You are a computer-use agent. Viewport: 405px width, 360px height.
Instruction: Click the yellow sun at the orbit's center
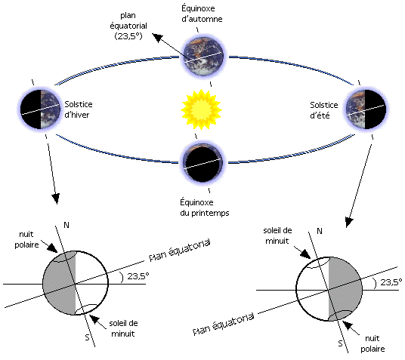click(x=201, y=109)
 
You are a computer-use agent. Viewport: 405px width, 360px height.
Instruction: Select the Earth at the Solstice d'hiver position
click(x=40, y=109)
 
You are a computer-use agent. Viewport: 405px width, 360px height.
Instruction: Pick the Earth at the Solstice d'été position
click(x=366, y=109)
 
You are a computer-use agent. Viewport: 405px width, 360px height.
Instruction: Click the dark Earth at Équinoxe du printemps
click(x=202, y=162)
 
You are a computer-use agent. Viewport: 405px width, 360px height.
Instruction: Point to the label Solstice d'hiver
click(x=79, y=109)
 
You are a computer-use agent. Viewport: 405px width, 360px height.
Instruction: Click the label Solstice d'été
click(x=324, y=110)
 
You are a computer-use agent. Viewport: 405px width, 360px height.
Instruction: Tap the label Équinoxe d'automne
click(x=202, y=14)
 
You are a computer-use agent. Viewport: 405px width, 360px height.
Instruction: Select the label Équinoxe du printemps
click(x=205, y=208)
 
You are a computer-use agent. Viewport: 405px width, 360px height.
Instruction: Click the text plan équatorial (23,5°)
click(x=128, y=26)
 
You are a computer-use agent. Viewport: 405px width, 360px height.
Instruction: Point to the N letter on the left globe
click(x=66, y=226)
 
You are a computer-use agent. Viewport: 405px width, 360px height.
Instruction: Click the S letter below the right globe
click(x=341, y=343)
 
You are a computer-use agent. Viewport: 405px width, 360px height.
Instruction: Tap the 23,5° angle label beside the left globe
click(x=138, y=276)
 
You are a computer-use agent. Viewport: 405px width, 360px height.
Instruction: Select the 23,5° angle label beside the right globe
click(x=391, y=282)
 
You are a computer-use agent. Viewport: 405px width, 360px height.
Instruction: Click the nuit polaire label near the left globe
click(x=26, y=239)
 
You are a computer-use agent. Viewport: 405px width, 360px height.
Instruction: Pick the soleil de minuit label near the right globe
click(x=277, y=236)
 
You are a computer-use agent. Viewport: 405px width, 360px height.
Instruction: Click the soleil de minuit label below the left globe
click(x=123, y=328)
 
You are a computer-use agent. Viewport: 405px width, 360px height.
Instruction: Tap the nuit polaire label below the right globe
click(x=373, y=343)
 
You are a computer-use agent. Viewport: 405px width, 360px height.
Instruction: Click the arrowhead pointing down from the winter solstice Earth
click(x=56, y=198)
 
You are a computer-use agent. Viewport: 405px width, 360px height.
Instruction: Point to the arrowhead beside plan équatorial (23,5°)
click(x=158, y=38)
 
